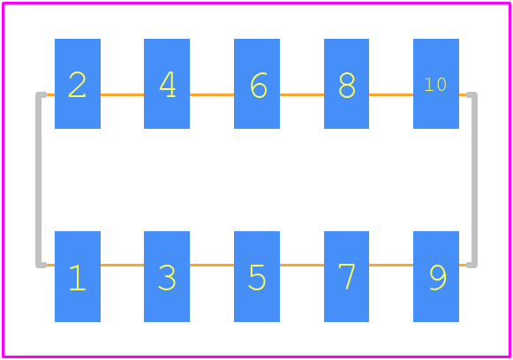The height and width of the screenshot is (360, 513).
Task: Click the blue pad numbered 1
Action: (78, 276)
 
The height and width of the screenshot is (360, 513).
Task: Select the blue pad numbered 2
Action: (78, 84)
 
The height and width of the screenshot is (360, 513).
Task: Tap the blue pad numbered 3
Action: (167, 276)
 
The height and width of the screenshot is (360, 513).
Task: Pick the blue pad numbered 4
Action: (167, 84)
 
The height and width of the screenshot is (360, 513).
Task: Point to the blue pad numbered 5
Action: (257, 276)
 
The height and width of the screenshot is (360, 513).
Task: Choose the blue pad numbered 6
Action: (257, 84)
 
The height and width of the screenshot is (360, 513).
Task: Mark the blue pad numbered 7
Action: (346, 276)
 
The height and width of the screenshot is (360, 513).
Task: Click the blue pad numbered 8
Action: (346, 84)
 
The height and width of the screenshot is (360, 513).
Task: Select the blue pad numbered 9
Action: (436, 276)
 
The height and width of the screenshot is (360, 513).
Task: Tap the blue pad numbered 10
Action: (436, 84)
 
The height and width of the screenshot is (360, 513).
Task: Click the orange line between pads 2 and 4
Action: (122, 94)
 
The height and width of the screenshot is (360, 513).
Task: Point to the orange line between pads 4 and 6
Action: (212, 94)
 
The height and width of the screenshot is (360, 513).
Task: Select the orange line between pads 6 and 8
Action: (302, 94)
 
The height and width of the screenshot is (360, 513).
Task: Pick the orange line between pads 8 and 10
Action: (391, 94)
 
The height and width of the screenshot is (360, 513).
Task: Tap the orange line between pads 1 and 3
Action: (122, 265)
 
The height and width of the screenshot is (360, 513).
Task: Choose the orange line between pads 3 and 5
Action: (212, 265)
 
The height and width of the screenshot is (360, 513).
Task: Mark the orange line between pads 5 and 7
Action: (302, 265)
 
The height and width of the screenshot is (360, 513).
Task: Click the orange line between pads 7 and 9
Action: (391, 265)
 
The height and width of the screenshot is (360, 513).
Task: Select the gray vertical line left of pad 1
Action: (38, 180)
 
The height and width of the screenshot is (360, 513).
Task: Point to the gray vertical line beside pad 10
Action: (474, 180)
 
